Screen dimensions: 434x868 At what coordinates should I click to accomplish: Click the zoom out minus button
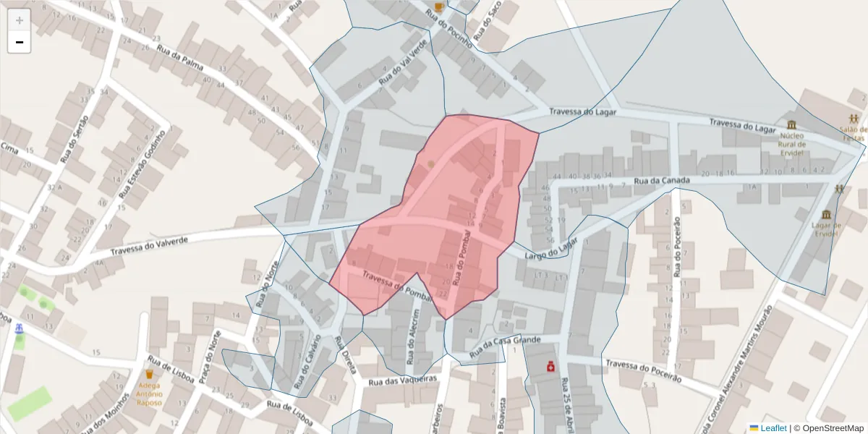click(20, 43)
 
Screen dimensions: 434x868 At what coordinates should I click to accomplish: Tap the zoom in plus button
click(20, 20)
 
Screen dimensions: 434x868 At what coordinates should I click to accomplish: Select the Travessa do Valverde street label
click(149, 245)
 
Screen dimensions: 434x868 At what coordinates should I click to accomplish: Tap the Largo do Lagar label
click(552, 247)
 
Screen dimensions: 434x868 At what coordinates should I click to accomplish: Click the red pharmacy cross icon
click(551, 367)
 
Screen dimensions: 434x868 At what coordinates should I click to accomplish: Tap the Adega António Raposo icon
click(150, 374)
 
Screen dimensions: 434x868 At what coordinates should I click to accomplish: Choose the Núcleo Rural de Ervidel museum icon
click(792, 124)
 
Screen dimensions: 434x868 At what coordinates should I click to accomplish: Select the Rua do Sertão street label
click(74, 138)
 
